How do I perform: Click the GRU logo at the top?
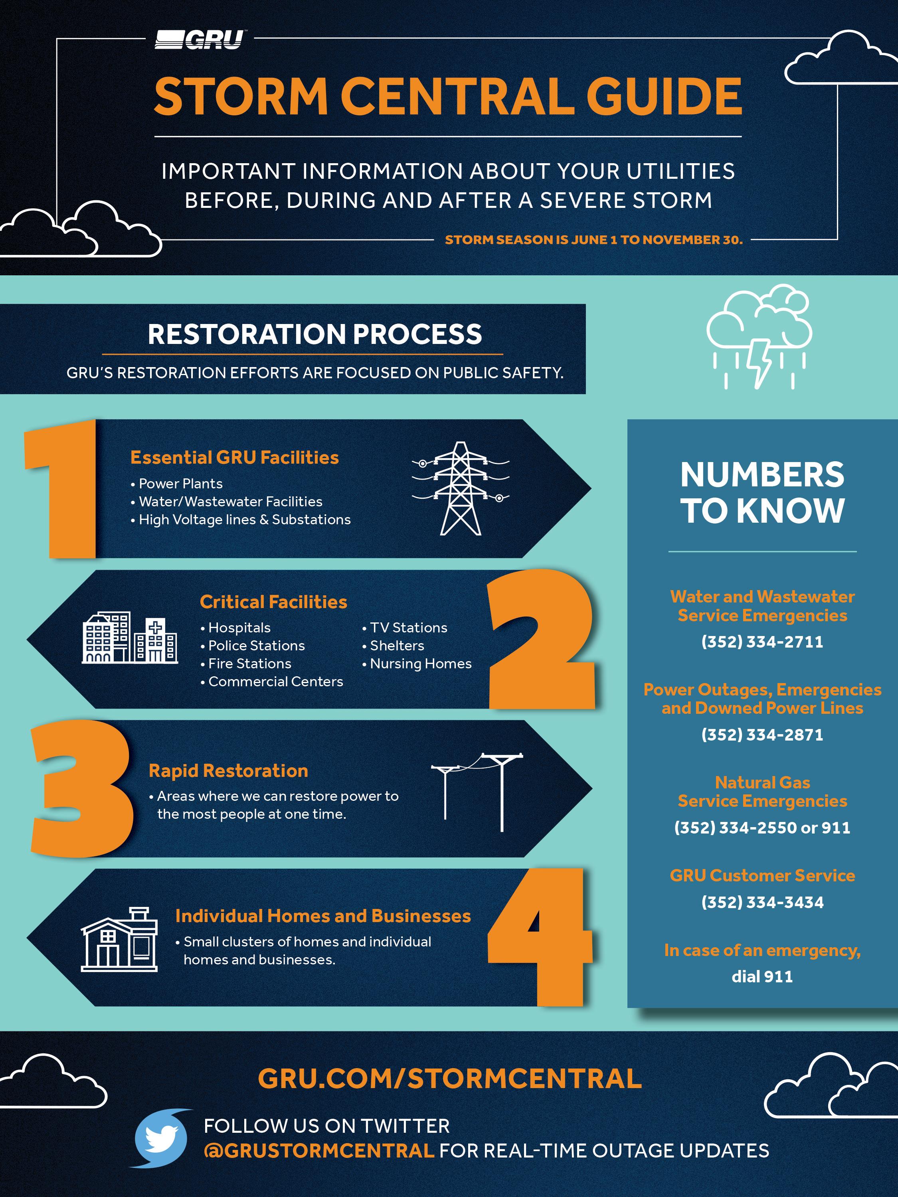(x=199, y=40)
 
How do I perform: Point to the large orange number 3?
(x=81, y=788)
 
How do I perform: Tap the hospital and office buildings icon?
(x=130, y=638)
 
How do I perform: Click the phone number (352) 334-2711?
(x=762, y=642)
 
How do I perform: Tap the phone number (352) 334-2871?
(x=762, y=735)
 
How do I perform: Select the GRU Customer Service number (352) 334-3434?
(x=762, y=903)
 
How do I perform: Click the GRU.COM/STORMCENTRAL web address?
(x=450, y=1078)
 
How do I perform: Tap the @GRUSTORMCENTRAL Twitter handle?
(x=319, y=1150)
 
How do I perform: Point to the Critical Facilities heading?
(x=273, y=602)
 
